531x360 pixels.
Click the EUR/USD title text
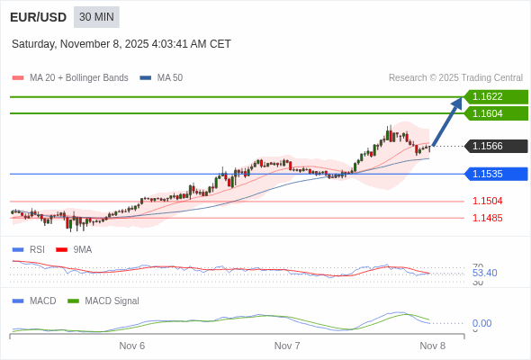pyautogui.click(x=38, y=17)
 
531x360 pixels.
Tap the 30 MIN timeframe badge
pyautogui.click(x=96, y=17)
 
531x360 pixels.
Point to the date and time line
pyautogui.click(x=121, y=43)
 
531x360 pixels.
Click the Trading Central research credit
pyautogui.click(x=455, y=77)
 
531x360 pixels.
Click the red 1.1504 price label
pyautogui.click(x=488, y=201)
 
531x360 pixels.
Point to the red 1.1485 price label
pyautogui.click(x=488, y=218)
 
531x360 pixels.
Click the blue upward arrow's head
pyautogui.click(x=457, y=103)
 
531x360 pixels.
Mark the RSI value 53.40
pyautogui.click(x=484, y=273)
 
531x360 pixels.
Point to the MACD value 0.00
pyautogui.click(x=481, y=323)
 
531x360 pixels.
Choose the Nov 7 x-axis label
pyautogui.click(x=287, y=346)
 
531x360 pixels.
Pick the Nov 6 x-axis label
pyautogui.click(x=131, y=346)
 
